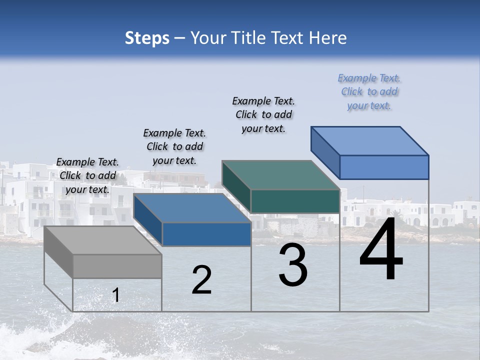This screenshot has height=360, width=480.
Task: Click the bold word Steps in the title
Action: click(147, 38)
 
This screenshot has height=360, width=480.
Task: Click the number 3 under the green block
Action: click(293, 265)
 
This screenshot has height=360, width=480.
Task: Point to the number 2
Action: click(202, 280)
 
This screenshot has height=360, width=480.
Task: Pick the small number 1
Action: click(115, 295)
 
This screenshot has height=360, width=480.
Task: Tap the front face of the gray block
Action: click(117, 266)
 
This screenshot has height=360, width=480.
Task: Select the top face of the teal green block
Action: click(280, 174)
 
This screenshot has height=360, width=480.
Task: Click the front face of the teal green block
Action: click(295, 201)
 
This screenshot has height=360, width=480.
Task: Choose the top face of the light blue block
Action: click(370, 140)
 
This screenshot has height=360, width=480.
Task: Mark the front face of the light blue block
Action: click(384, 167)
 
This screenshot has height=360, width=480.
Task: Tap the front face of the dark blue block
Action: click(206, 234)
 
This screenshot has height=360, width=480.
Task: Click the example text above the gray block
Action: click(87, 175)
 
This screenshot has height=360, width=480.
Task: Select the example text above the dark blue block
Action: click(174, 146)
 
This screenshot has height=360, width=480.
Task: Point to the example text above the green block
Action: click(263, 114)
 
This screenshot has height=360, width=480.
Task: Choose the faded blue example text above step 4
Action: click(369, 91)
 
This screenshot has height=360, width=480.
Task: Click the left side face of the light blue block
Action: click(325, 152)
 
